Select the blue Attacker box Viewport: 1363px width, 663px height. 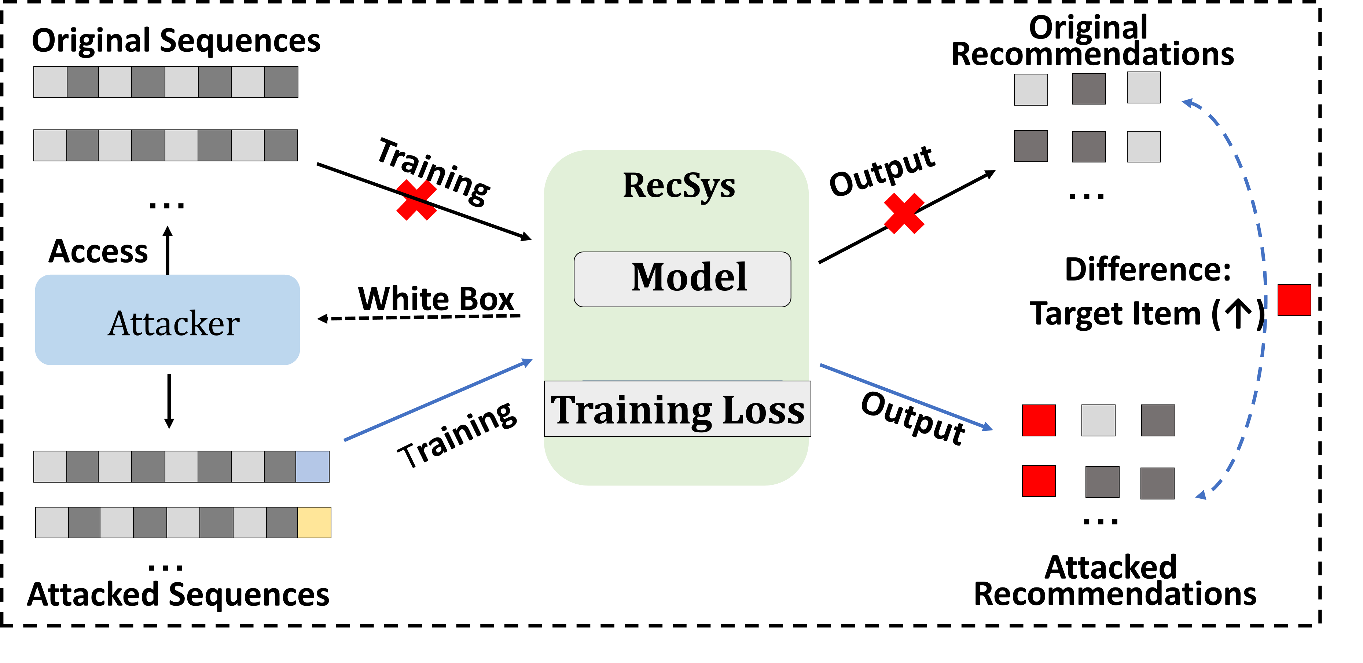[x=167, y=320]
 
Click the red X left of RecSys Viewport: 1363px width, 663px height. [x=416, y=200]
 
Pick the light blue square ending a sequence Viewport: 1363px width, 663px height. [x=312, y=466]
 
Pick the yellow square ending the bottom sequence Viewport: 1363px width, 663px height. [x=314, y=522]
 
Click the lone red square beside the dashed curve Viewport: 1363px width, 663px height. [x=1294, y=300]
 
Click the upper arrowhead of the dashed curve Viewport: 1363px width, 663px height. [x=1187, y=102]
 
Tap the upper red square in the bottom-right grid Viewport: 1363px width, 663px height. [x=1038, y=420]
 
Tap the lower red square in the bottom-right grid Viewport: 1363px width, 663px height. [x=1038, y=480]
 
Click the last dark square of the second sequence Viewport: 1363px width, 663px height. [x=281, y=145]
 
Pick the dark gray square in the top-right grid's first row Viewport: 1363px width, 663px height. [x=1088, y=88]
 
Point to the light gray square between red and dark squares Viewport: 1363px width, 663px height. [x=1098, y=420]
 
